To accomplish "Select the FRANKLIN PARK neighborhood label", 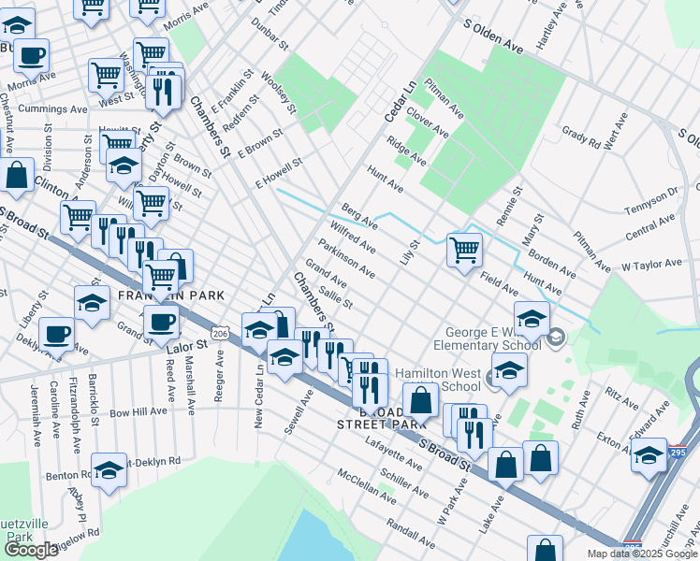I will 171,295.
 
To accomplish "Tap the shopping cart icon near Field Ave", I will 464,251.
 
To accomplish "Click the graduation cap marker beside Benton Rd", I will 109,469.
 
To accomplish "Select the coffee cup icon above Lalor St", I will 160,323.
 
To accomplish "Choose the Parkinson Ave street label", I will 346,258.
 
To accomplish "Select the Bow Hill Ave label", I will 138,411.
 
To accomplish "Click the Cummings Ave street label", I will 49,108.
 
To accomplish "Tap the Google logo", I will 31,550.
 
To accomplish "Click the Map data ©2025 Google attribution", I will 642,554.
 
